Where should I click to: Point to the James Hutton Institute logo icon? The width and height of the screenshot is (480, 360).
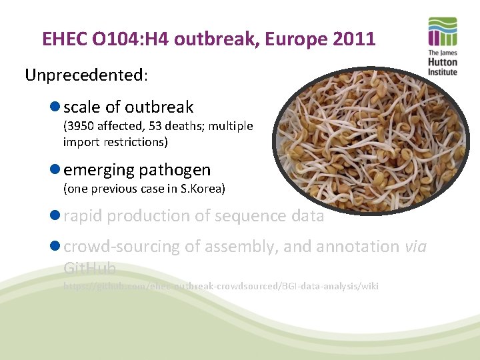point(443,33)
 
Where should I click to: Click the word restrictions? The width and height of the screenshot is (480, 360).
point(137,142)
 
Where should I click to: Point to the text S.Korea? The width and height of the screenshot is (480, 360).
point(203,189)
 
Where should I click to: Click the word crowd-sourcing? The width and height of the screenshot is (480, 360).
point(121,247)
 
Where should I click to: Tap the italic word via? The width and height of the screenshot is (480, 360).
point(415,247)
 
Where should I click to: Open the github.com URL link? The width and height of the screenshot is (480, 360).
point(220,286)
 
